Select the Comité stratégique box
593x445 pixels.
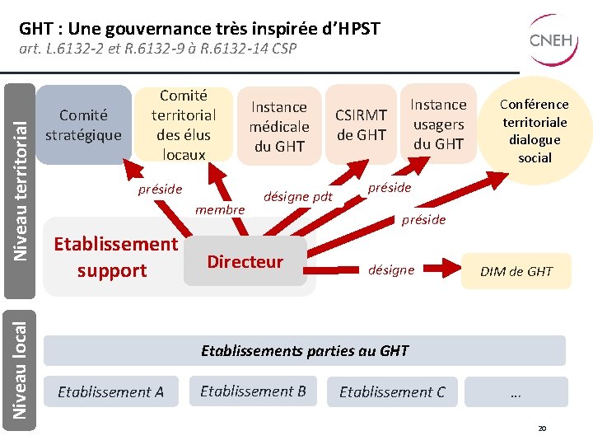(x=83, y=124)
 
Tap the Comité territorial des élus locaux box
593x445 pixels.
(x=184, y=124)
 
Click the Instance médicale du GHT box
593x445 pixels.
(x=278, y=126)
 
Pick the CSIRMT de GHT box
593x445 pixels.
(x=361, y=124)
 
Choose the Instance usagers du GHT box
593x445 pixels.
(x=438, y=124)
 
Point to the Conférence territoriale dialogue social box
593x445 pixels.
(x=535, y=129)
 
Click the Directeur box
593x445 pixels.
(x=245, y=262)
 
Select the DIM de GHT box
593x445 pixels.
(x=516, y=271)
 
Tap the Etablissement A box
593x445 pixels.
(x=110, y=392)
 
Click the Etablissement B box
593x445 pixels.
(x=253, y=391)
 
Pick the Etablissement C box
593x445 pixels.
(x=392, y=392)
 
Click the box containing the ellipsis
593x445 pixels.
(x=516, y=392)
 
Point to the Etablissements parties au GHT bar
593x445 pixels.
(x=305, y=350)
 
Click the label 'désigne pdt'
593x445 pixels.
(x=297, y=196)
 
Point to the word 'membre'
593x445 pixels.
(x=220, y=209)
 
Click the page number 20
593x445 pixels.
(x=541, y=429)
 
